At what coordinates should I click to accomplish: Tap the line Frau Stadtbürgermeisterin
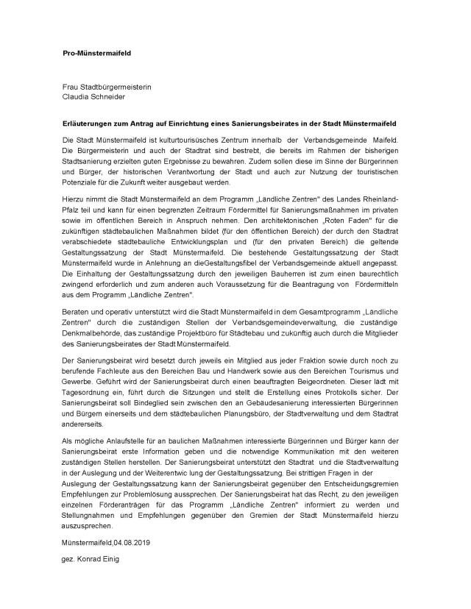(107, 86)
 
